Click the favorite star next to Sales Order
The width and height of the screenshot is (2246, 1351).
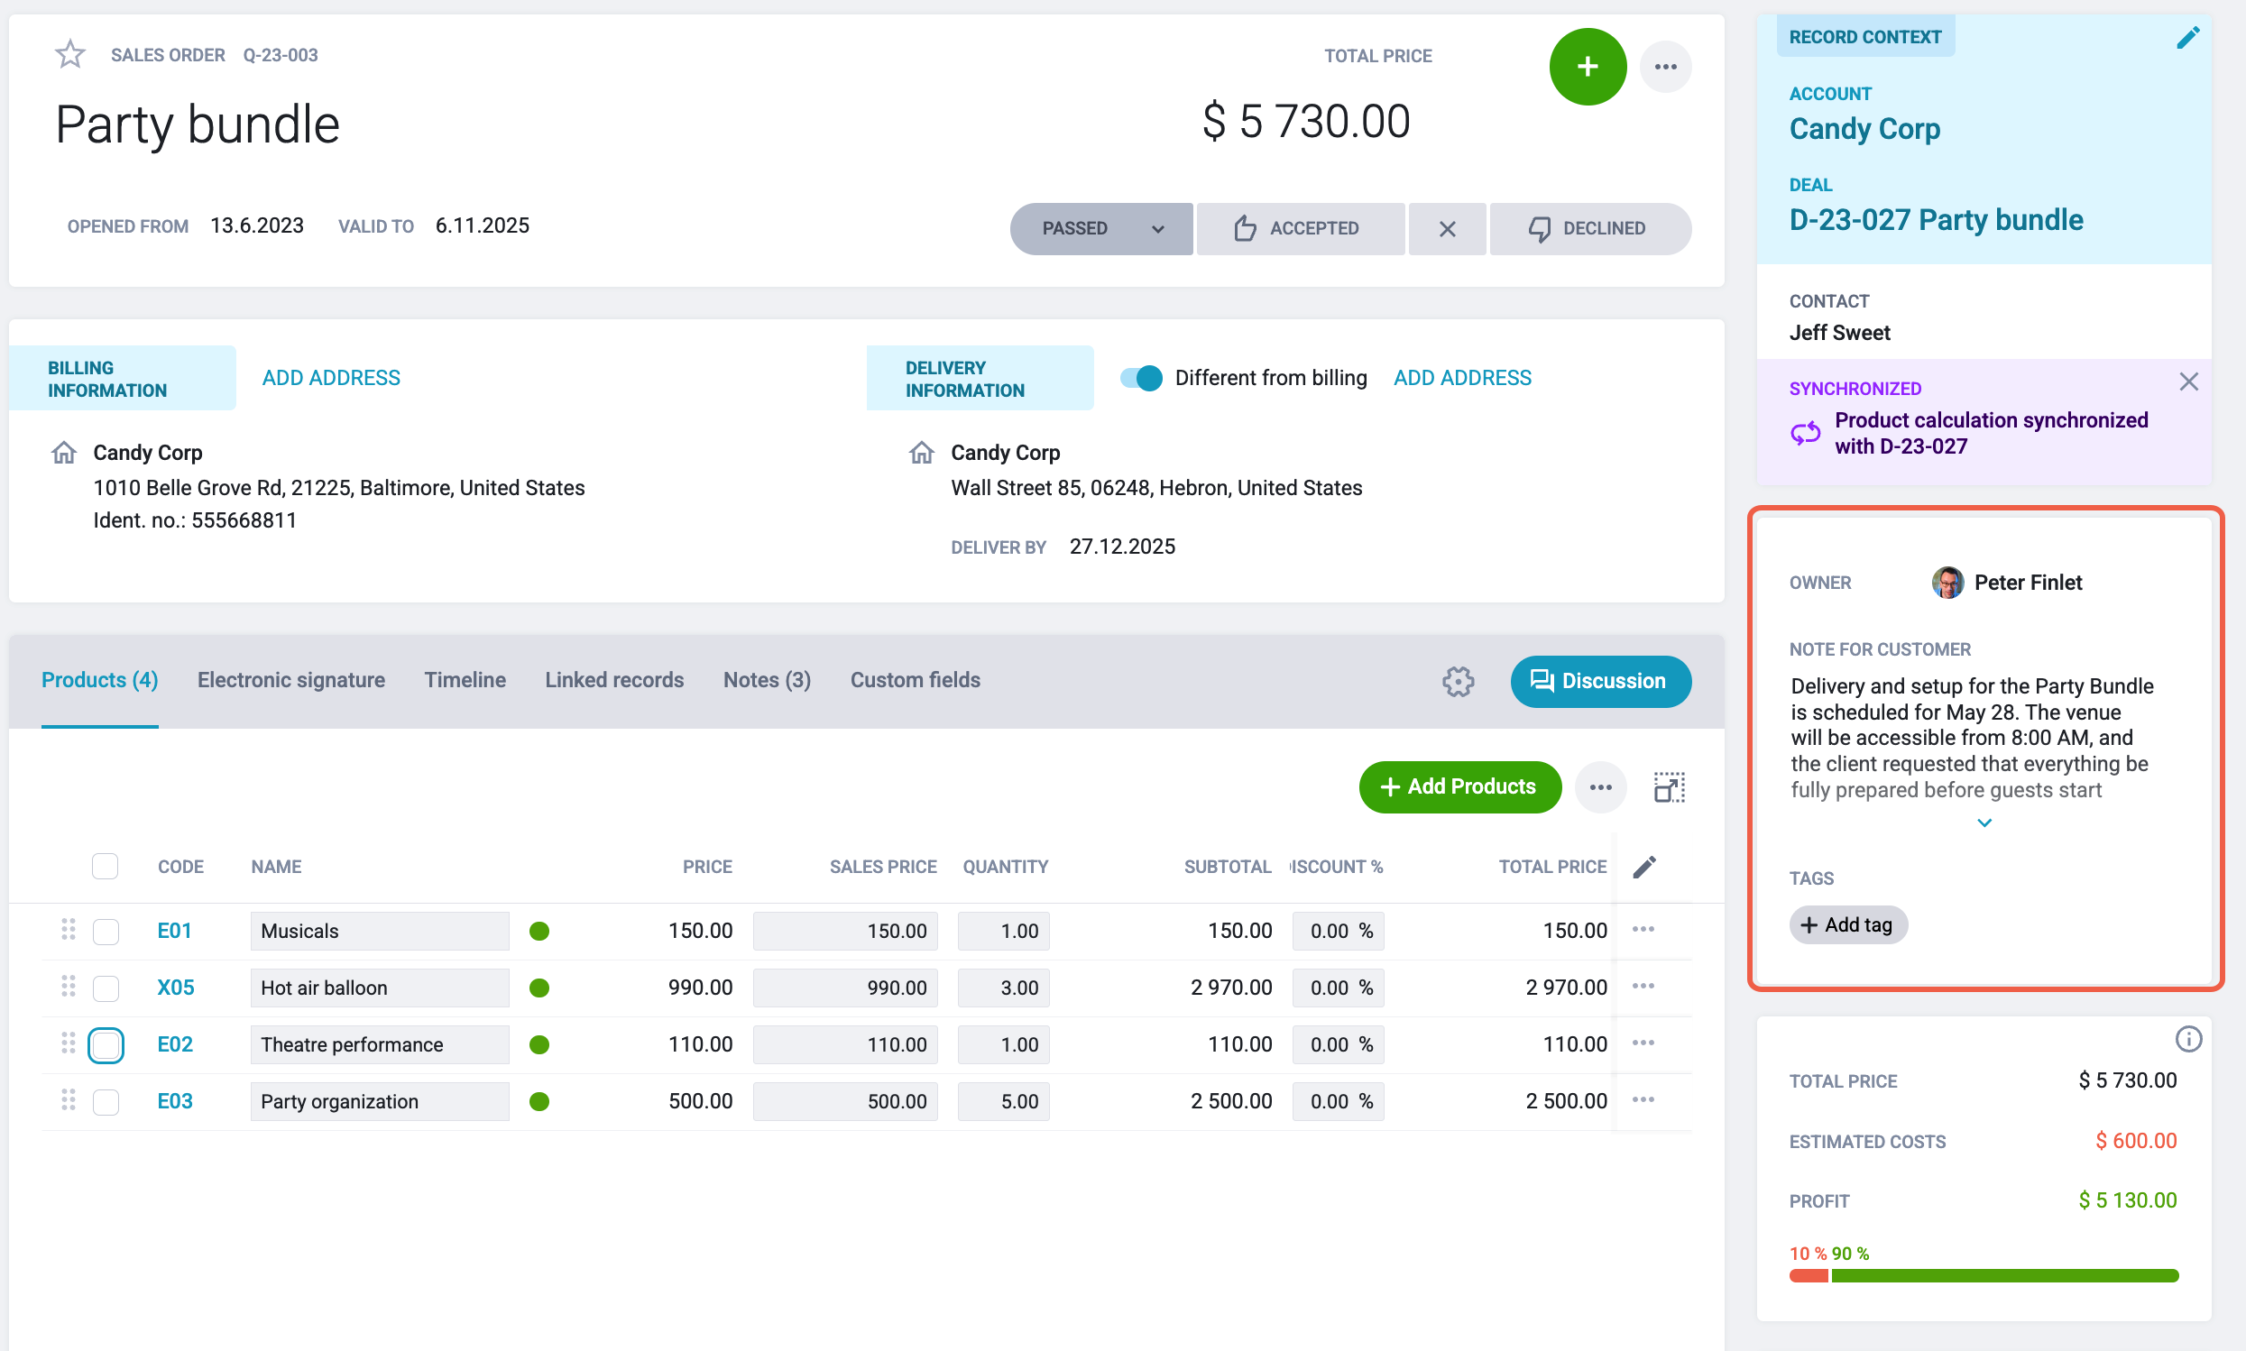pos(70,55)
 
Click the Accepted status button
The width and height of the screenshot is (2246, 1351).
pos(1299,228)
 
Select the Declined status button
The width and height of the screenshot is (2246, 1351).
pos(1588,228)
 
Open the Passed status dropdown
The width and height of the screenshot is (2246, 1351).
pos(1100,228)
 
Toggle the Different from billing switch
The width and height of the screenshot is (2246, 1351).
pos(1141,378)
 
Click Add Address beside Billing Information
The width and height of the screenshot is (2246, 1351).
pos(331,378)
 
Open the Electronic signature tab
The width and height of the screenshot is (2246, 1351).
pos(291,680)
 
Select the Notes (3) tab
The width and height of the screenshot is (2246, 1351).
pos(767,680)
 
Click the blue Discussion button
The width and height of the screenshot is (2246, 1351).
pos(1600,681)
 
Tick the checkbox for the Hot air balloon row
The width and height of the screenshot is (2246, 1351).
pos(106,988)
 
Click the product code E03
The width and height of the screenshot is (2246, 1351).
pos(175,1101)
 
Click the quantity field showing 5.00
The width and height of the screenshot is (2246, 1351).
pos(1003,1101)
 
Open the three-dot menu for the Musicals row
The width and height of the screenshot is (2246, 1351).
pos(1643,930)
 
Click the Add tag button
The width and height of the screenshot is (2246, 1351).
pos(1848,925)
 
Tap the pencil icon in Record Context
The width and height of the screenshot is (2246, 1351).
pos(2187,37)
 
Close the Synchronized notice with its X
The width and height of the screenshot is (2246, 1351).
pos(2188,381)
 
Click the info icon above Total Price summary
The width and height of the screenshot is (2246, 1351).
pos(2187,1039)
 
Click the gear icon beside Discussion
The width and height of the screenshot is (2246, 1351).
pos(1458,681)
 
